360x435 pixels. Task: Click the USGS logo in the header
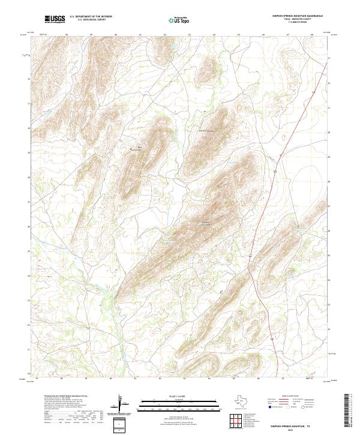click(x=55, y=19)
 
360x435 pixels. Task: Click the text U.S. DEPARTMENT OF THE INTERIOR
click(x=91, y=17)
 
